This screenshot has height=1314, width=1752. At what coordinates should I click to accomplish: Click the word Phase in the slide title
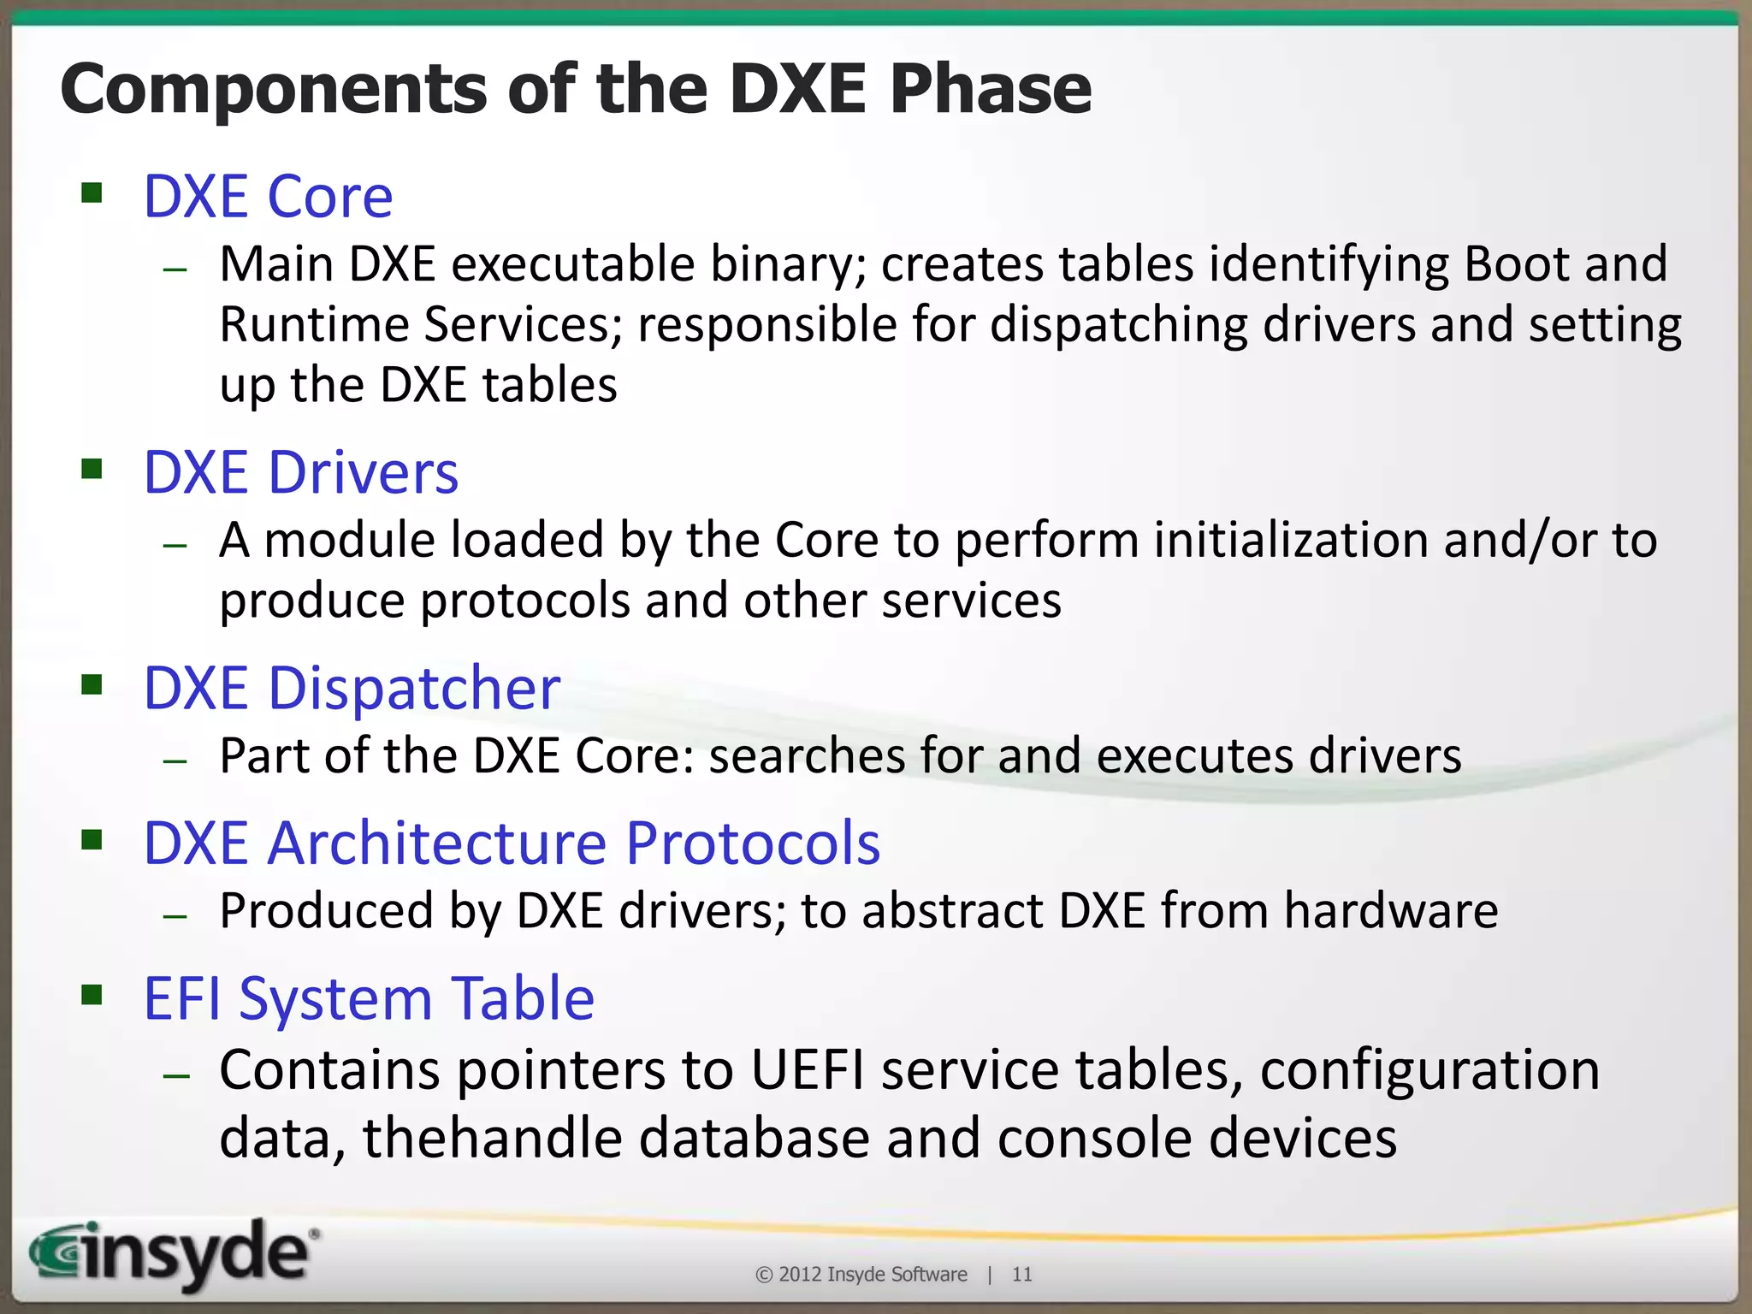pos(990,90)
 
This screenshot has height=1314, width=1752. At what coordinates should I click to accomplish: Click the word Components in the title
pos(272,90)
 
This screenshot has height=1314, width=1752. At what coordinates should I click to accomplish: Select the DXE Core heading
pos(268,197)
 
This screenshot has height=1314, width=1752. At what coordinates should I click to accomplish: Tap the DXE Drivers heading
pos(300,472)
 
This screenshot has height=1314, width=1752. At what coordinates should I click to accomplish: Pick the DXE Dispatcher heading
pos(352,688)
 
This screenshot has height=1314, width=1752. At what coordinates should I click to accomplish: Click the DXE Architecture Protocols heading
pos(512,843)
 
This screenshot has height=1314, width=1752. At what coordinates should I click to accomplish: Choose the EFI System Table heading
pos(369,998)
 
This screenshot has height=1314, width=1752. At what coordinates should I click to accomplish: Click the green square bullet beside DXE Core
pos(92,192)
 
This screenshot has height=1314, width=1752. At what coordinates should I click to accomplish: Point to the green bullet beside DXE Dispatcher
pos(92,684)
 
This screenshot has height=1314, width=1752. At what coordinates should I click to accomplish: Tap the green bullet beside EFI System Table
pos(92,994)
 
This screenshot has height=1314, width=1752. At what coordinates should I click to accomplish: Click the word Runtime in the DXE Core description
pos(314,325)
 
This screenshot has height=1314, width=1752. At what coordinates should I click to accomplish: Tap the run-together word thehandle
pos(492,1139)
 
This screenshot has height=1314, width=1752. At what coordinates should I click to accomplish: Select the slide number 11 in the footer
pos(1021,1275)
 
